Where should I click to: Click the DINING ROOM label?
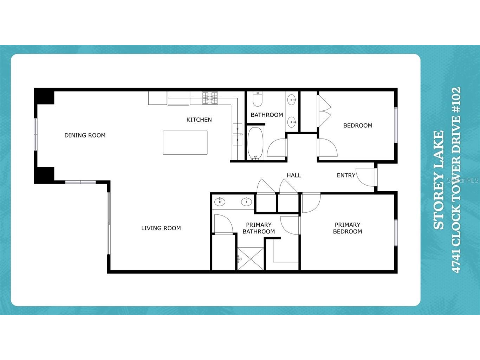pos(85,135)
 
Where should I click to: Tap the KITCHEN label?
pos(199,120)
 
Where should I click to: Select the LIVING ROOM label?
pos(161,228)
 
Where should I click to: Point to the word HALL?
pos(294,175)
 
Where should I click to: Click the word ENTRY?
pos(346,175)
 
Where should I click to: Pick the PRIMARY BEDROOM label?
pos(347,228)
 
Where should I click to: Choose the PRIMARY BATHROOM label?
pos(259,228)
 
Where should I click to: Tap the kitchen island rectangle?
pos(185,142)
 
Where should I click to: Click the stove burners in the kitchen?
pos(210,98)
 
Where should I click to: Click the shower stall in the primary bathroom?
pos(251,259)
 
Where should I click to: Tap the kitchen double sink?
pos(238,134)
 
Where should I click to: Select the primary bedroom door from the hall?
pos(310,203)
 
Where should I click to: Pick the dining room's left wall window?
pos(35,135)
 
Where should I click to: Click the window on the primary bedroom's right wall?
pos(396,233)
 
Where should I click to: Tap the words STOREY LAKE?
pos(439,180)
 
